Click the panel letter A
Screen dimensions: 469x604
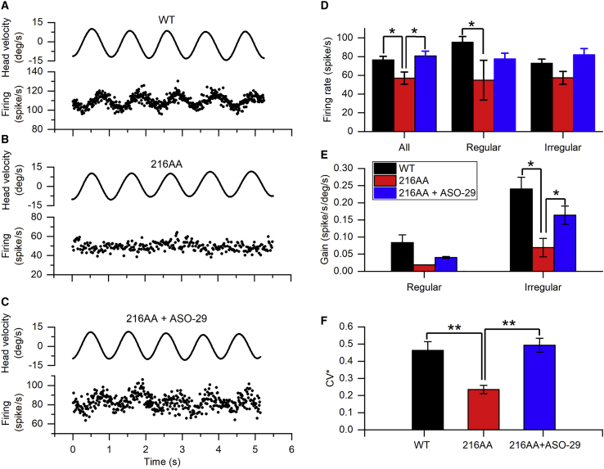[x=7, y=8]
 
